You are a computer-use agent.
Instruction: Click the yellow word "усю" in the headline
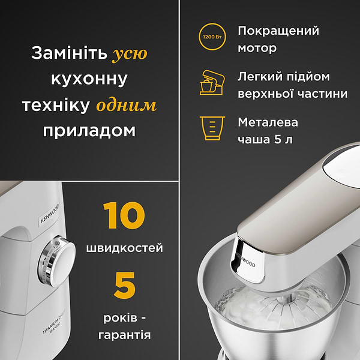129,54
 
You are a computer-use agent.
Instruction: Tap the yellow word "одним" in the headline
126,106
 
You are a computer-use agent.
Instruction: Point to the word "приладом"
89,131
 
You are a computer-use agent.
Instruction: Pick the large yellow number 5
124,286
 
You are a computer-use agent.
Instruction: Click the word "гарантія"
124,335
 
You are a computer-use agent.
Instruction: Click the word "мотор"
257,49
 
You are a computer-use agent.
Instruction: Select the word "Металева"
268,122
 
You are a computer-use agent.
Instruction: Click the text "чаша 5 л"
264,140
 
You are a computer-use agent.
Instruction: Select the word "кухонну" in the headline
89,80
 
